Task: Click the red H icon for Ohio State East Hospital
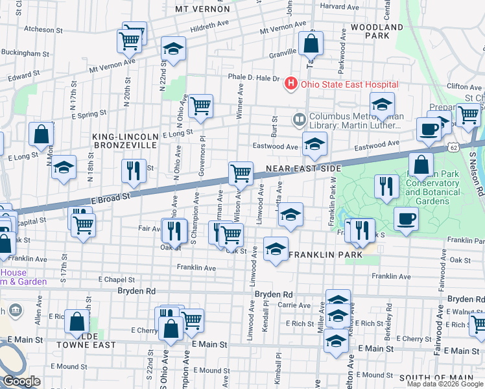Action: (x=291, y=84)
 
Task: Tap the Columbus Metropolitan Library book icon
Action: (x=299, y=119)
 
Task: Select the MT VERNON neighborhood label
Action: (x=202, y=9)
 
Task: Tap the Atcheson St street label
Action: (x=43, y=29)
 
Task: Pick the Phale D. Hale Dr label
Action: (x=253, y=78)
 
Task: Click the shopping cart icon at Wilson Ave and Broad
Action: (x=241, y=174)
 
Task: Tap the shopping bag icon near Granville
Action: (x=311, y=43)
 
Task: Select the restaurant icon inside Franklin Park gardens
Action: (x=386, y=187)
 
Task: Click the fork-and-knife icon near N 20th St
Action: (x=134, y=171)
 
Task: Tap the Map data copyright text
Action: (x=444, y=384)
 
